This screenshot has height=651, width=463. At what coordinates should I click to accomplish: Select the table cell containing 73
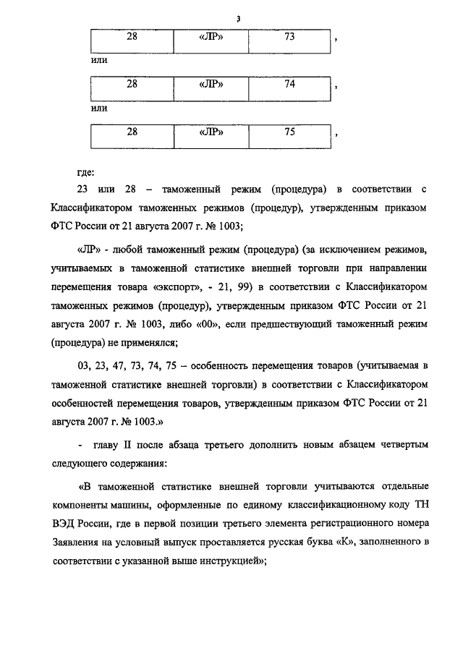coord(289,38)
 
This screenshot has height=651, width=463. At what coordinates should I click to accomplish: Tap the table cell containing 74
coord(289,85)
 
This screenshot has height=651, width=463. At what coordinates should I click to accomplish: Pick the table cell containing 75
coord(289,132)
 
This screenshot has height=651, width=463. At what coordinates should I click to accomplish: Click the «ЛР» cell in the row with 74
coord(210,85)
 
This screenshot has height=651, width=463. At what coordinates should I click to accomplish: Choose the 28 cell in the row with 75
coord(132,132)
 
